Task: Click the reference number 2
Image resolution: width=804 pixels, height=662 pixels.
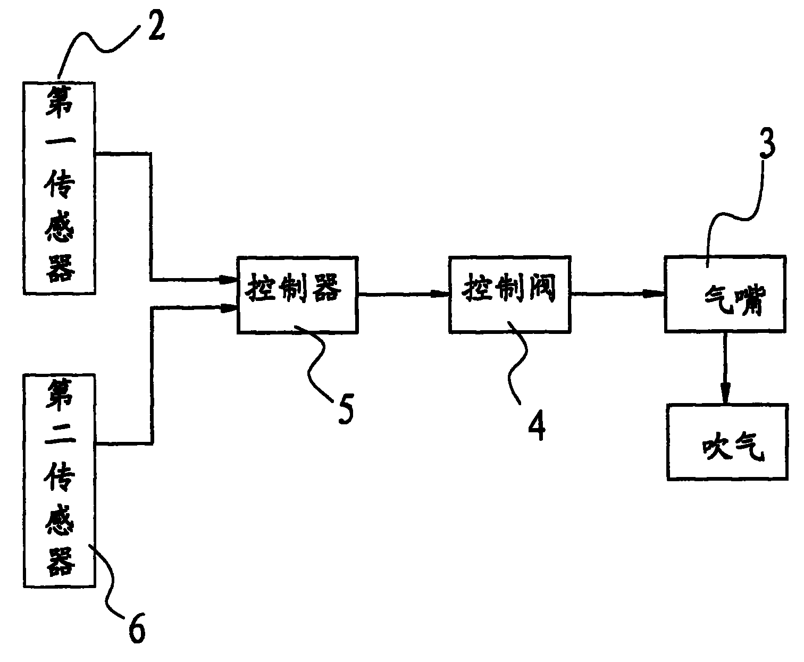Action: [x=156, y=30]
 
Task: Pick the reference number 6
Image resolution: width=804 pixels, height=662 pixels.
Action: [x=136, y=630]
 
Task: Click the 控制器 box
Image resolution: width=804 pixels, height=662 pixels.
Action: [x=297, y=295]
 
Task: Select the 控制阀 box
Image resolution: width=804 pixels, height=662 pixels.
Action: [x=509, y=295]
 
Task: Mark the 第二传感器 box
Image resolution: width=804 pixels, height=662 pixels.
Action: [x=60, y=480]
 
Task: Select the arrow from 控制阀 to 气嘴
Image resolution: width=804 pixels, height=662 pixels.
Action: [x=617, y=294]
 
